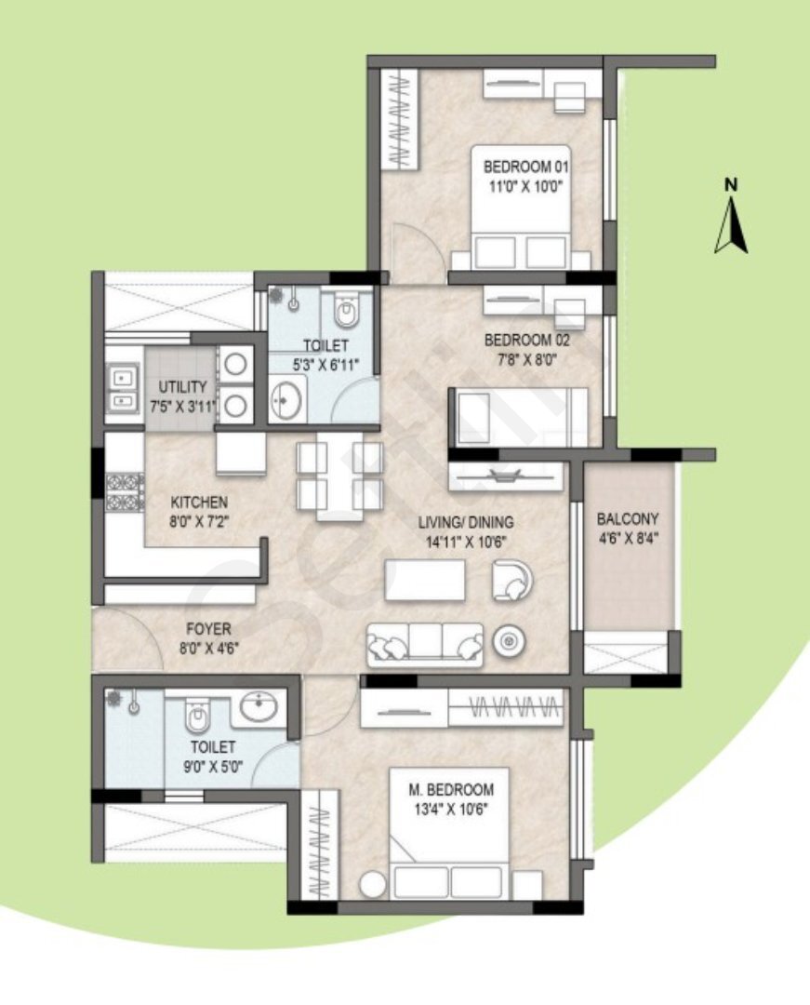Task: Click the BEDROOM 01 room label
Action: click(x=525, y=167)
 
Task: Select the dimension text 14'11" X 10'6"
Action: click(x=466, y=543)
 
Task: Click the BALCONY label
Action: click(x=628, y=518)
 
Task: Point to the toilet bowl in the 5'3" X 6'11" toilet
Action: click(x=346, y=310)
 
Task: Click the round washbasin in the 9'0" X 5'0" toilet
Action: click(x=259, y=707)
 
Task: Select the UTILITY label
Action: click(x=182, y=387)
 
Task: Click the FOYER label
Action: click(x=208, y=629)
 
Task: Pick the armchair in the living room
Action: click(x=512, y=580)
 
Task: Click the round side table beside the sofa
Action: click(x=509, y=640)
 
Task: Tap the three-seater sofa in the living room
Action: click(x=425, y=644)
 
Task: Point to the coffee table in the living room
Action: click(x=425, y=580)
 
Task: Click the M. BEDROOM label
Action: click(x=451, y=790)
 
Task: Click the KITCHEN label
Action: click(x=199, y=502)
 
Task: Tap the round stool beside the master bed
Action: click(x=373, y=885)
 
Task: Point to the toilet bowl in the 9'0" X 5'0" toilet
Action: click(x=196, y=716)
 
